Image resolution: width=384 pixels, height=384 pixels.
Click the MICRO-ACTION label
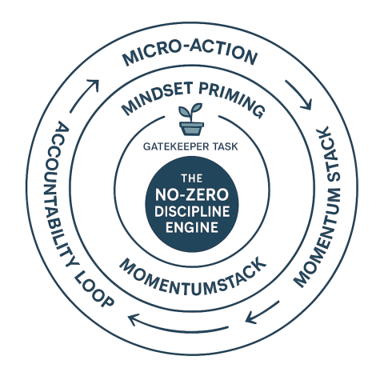pos(190,54)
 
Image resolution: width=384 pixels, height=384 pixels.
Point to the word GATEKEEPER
pos(174,146)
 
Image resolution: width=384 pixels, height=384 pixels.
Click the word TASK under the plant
pos(223,146)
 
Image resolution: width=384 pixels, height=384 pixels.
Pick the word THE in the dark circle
pos(192,178)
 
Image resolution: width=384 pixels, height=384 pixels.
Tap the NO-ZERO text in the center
pos(192,194)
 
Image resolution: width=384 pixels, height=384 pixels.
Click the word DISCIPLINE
pos(192,211)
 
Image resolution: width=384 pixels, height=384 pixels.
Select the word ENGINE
pos(192,227)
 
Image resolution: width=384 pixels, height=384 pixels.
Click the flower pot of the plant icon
pos(191,129)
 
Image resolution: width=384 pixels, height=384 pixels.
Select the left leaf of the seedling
pos(185,111)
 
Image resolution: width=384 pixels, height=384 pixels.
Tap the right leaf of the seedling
pos(197,108)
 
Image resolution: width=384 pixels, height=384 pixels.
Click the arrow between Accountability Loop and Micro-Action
pos(83,95)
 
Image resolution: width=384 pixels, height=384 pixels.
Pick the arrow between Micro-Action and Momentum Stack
pos(298,94)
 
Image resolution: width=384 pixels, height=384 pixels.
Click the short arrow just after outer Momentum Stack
pos(262,312)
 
